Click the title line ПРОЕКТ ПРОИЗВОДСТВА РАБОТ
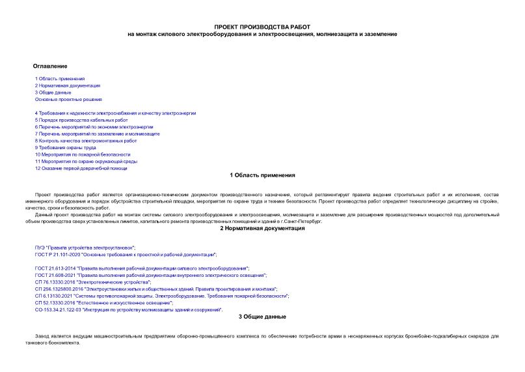[x=262, y=27]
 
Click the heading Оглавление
[x=50, y=66]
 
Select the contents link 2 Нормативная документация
[x=68, y=85]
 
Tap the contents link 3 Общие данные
[x=53, y=93]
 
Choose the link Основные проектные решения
[x=68, y=99]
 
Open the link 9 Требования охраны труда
[x=66, y=147]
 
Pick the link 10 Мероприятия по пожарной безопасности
[x=78, y=154]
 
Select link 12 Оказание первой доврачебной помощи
[x=81, y=168]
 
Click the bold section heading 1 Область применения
[x=263, y=175]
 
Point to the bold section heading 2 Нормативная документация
[x=262, y=229]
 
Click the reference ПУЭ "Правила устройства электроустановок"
[x=85, y=248]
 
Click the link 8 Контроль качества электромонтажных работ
[x=86, y=140]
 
